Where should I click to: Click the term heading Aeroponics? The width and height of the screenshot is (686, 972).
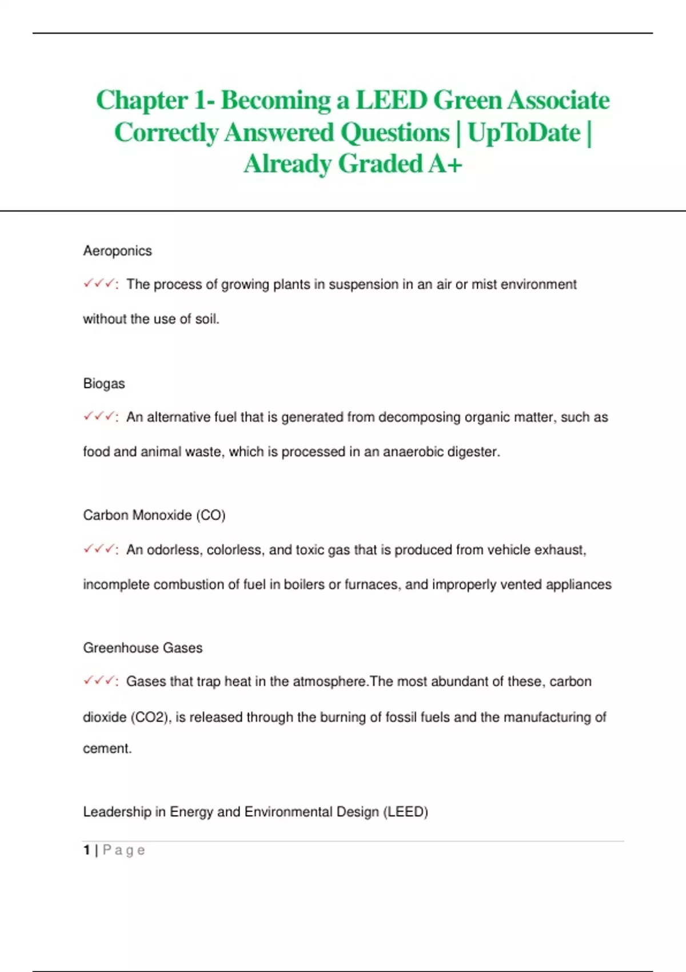click(x=117, y=251)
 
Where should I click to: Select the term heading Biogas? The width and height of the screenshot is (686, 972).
click(x=103, y=384)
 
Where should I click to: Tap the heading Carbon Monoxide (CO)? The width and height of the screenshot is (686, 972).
click(x=154, y=515)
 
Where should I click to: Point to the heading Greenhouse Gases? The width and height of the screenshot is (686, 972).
click(x=142, y=648)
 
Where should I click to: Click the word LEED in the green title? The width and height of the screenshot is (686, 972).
click(x=392, y=101)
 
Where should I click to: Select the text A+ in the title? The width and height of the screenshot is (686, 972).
click(x=445, y=164)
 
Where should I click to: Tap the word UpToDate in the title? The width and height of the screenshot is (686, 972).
click(x=524, y=133)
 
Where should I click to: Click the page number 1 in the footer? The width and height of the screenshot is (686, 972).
click(x=86, y=850)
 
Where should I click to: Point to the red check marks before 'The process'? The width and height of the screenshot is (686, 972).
click(x=99, y=284)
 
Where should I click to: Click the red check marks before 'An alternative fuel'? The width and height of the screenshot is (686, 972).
click(x=99, y=416)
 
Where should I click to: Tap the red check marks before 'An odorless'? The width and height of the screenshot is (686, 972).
click(x=99, y=549)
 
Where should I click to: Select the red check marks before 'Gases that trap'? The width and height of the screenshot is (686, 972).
click(x=99, y=680)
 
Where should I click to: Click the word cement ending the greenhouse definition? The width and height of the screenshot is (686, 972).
click(x=106, y=748)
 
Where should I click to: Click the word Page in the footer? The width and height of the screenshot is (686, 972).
click(x=123, y=850)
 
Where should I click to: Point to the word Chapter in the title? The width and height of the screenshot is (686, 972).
click(x=142, y=101)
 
